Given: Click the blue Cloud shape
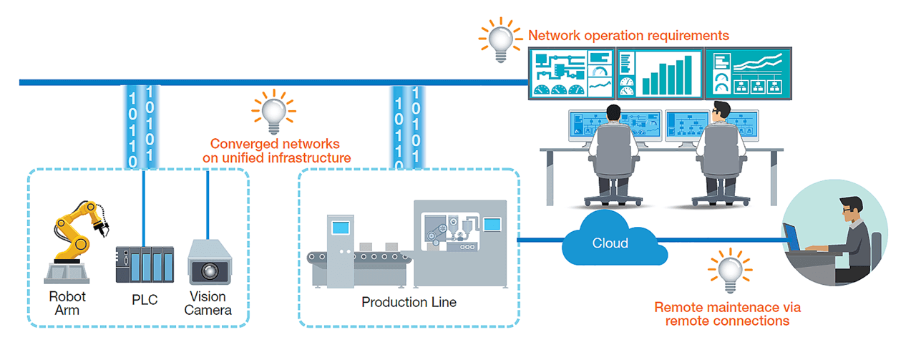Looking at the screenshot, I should tap(610, 243).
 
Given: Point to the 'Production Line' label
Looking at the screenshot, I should tap(409, 302).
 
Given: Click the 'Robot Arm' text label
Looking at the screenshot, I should tap(67, 303).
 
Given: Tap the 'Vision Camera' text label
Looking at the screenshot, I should tap(208, 303).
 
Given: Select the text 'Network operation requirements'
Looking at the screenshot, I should tap(628, 35).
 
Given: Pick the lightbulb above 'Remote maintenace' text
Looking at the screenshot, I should tap(729, 273).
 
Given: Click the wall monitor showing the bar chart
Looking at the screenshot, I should tap(659, 73).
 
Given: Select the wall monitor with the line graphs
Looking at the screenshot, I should tap(748, 73).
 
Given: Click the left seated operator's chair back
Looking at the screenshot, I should tap(611, 150).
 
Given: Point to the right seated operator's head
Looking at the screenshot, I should tap(721, 112).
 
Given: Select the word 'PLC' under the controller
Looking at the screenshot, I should tap(145, 299).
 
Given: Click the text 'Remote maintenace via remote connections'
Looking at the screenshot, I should tap(727, 313).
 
